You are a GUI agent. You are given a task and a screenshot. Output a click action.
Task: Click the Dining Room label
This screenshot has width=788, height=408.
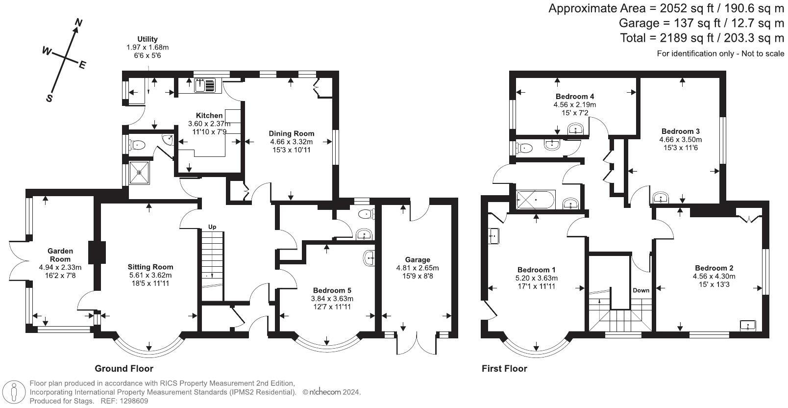coord(291,133)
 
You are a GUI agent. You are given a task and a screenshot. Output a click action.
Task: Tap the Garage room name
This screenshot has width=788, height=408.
coord(418,259)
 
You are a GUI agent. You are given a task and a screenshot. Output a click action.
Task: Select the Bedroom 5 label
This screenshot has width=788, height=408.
coord(332,290)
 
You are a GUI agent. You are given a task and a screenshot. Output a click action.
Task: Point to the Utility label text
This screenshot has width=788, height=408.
coord(148,39)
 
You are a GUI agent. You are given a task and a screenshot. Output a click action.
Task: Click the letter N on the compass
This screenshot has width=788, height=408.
coord(78,23)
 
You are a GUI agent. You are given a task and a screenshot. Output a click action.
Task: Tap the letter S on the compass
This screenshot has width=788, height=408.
coord(49,98)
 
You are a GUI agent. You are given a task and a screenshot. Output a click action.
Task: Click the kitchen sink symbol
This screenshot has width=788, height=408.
coord(205,85)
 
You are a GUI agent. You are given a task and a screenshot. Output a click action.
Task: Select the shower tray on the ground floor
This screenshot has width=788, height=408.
coord(139,173)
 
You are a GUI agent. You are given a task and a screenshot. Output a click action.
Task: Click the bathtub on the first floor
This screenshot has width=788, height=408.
coord(536,200)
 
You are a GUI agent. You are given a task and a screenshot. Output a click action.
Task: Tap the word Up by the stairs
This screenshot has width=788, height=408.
coord(212,227)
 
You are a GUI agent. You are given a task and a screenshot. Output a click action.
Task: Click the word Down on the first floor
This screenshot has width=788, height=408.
coord(641,290)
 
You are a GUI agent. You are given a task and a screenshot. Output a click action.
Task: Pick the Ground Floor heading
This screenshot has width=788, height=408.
coord(124,369)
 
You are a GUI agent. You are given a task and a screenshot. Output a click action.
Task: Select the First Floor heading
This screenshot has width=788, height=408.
coord(504,369)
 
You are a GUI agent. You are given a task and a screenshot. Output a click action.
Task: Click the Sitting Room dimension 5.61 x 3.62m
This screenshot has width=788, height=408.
coord(150,275)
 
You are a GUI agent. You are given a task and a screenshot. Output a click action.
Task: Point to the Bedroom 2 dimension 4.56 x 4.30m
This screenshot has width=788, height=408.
coord(714,277)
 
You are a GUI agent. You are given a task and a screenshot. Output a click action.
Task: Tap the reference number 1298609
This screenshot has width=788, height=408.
coord(134,401)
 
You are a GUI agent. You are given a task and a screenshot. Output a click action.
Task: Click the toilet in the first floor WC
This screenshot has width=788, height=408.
coord(523,148)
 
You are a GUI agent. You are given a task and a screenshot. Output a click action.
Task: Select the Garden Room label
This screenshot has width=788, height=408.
coord(60,255)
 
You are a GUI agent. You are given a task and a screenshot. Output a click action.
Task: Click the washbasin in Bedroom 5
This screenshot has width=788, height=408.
coord(369,259)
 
